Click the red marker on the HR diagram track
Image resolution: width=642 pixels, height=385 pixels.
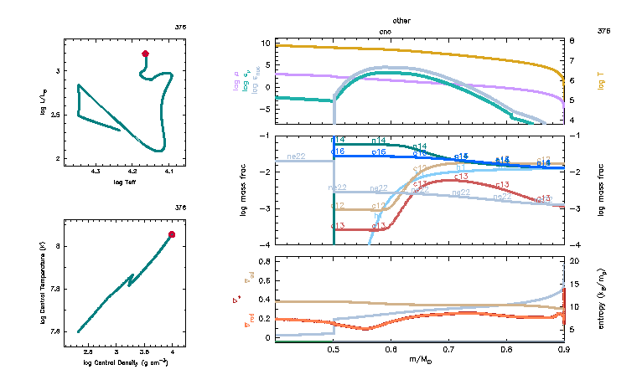[x=146, y=54]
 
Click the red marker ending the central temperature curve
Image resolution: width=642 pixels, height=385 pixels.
[x=172, y=234]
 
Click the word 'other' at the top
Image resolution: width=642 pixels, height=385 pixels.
[x=401, y=19]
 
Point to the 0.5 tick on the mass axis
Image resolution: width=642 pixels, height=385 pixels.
[x=334, y=351]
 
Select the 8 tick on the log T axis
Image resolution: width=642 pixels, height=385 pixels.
[x=572, y=40]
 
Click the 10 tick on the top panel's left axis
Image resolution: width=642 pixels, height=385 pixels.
[x=265, y=43]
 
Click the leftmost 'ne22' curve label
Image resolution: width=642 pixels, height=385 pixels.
[x=296, y=157]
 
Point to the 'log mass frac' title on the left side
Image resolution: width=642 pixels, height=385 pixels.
[x=244, y=190]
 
